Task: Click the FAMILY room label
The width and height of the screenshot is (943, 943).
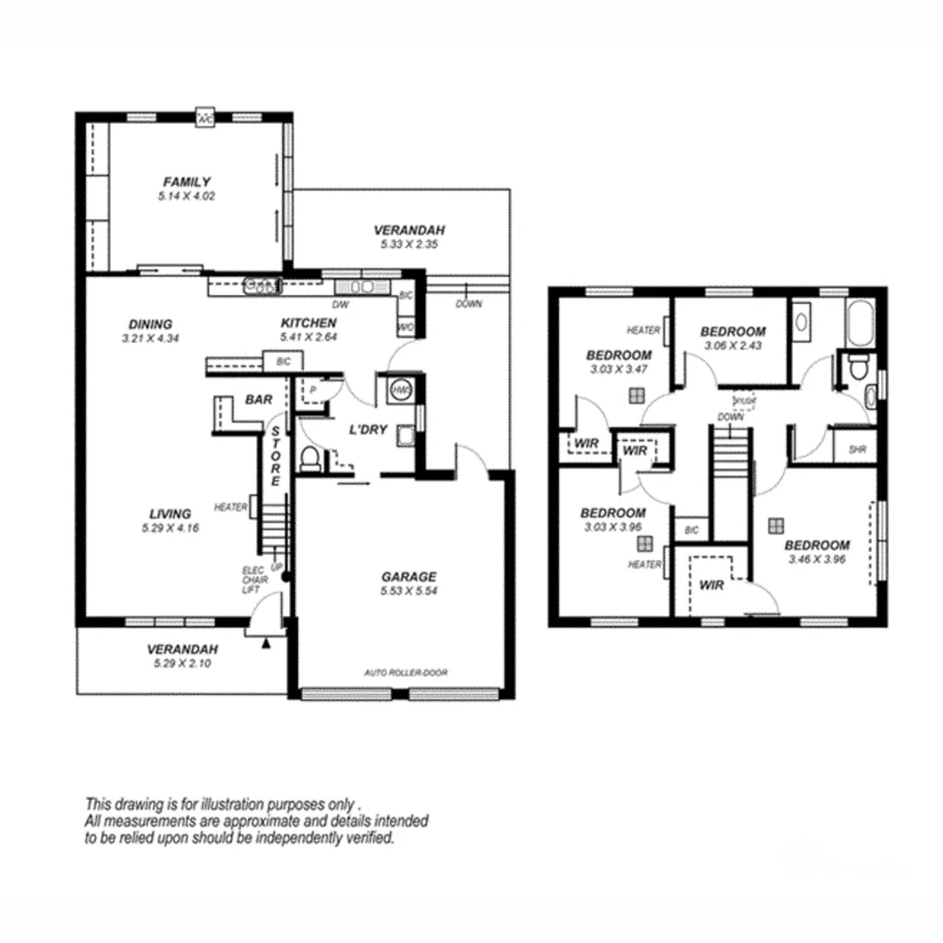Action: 187,182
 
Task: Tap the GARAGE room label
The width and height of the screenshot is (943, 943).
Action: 409,576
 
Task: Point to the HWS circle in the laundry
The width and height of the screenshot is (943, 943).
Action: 401,389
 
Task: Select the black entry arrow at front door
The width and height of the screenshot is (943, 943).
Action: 265,644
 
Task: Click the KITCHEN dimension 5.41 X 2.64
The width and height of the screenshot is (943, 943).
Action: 308,336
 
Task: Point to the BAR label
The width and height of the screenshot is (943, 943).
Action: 258,399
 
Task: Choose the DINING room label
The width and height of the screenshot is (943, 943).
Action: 150,323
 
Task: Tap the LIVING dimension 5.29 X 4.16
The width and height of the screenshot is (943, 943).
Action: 169,527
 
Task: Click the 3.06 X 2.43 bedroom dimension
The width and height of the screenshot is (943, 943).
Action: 733,346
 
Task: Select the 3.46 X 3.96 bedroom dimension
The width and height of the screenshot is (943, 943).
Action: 816,559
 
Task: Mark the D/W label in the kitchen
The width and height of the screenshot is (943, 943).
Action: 341,305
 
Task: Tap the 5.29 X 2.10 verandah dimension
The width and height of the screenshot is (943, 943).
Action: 182,664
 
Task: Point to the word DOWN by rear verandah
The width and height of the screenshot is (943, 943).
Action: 468,304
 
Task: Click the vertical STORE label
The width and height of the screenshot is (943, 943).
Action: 275,456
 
